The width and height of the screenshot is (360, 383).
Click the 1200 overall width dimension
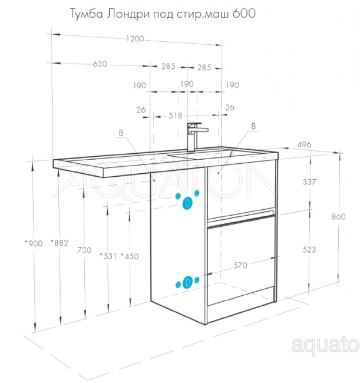tap(135, 38)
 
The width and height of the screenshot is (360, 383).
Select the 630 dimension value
tap(100, 64)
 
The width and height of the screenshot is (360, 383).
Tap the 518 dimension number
tap(176, 115)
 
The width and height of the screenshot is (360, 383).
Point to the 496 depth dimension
tap(304, 144)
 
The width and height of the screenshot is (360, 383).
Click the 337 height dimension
tap(309, 181)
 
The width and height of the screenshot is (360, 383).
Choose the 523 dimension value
tap(309, 249)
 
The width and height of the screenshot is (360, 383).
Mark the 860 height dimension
tap(339, 216)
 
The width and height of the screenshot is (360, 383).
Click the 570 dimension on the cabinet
tap(240, 265)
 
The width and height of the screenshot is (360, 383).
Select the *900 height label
tap(34, 243)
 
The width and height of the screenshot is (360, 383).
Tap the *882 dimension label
tap(60, 243)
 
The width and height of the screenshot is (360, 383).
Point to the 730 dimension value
tap(84, 250)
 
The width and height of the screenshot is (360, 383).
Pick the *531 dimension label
tap(108, 256)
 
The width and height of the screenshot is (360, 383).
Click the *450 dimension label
tap(130, 256)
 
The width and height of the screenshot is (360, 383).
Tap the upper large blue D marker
tap(187, 203)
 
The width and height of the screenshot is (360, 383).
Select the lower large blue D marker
tap(187, 282)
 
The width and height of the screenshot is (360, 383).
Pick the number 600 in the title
tap(244, 13)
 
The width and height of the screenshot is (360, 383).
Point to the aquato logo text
tap(325, 345)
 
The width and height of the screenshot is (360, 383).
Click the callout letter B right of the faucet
tap(253, 126)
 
